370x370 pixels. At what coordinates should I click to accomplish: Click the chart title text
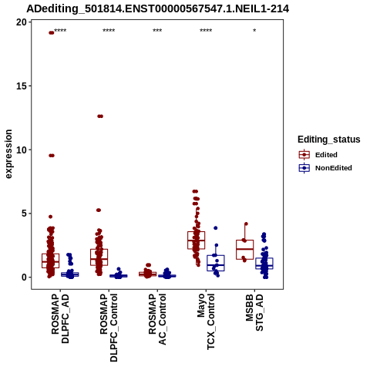(158, 8)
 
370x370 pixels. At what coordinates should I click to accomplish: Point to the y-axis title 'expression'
(8, 154)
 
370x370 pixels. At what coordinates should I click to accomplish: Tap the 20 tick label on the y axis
(22, 22)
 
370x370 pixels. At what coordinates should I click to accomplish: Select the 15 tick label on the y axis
(22, 86)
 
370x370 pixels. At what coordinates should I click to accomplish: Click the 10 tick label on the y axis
(22, 150)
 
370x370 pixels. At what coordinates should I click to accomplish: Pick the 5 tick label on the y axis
(24, 214)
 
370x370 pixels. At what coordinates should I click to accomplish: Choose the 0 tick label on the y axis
(24, 277)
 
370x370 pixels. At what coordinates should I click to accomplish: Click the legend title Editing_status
(329, 140)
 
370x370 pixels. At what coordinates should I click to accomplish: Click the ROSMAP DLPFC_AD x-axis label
(60, 318)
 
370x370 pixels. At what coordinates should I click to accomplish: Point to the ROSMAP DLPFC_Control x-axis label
(109, 328)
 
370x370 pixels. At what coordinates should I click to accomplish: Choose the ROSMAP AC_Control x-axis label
(157, 319)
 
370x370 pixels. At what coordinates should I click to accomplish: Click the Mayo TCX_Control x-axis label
(206, 321)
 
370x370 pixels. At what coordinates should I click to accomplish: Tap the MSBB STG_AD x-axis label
(254, 312)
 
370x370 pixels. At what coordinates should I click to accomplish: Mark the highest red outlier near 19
(52, 32)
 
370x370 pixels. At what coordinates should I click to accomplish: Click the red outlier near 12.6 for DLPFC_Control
(100, 116)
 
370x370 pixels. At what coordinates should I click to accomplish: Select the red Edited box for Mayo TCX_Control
(197, 240)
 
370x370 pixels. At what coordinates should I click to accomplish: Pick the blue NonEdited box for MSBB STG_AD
(264, 264)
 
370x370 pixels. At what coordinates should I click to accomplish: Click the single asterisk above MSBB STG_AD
(254, 31)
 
